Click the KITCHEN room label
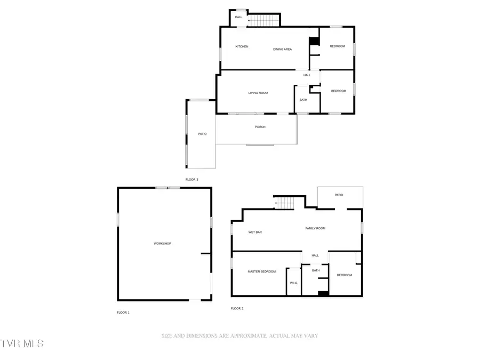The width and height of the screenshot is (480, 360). tap(242, 46)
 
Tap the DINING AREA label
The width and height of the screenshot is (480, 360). tap(282, 50)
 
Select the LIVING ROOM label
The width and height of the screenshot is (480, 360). tap(258, 93)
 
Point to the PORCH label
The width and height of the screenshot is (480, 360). tap(260, 127)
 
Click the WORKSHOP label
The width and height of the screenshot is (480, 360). tap(162, 244)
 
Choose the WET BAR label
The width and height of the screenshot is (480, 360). tap(255, 232)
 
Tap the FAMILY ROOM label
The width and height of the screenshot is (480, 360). tap(315, 228)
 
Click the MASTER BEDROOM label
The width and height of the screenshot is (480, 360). tap(261, 271)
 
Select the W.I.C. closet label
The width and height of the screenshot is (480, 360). tap(294, 283)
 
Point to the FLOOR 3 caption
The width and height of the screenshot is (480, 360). tap(191, 180)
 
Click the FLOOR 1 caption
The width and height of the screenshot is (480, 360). tap(123, 313)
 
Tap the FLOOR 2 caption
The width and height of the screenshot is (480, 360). tap(237, 308)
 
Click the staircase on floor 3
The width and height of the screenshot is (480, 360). tap(265, 21)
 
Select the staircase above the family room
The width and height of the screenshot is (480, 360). tap(285, 203)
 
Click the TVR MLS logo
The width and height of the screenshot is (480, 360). tap(22, 343)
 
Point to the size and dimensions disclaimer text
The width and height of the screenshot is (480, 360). tap(239, 336)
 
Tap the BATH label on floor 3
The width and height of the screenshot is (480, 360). tap(303, 100)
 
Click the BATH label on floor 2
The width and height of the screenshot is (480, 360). tap(316, 270)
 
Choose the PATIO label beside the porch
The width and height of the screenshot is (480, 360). tap(202, 134)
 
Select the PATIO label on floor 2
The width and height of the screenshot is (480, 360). tap(339, 195)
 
